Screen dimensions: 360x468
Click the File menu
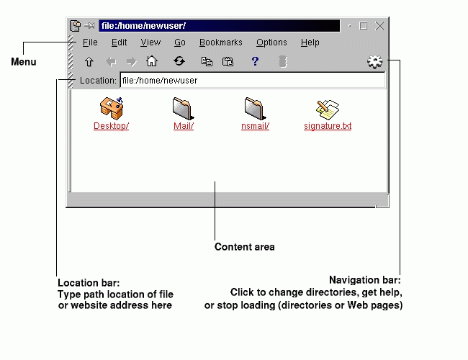(90, 42)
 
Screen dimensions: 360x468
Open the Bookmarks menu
(220, 42)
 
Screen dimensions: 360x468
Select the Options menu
(271, 42)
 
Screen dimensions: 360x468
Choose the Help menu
(310, 42)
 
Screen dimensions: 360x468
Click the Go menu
(180, 42)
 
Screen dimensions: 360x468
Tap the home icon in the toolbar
(152, 62)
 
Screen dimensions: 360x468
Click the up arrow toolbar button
(89, 62)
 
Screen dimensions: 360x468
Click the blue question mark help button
(255, 62)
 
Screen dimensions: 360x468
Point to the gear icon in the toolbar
(374, 62)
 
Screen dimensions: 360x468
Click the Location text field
(252, 81)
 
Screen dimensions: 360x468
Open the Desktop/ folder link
(111, 126)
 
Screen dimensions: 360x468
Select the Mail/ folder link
(184, 126)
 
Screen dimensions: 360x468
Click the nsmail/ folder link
(255, 126)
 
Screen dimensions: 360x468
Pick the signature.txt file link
(328, 126)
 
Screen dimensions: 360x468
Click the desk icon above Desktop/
(112, 108)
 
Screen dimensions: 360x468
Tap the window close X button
(379, 26)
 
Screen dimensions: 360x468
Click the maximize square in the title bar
(364, 26)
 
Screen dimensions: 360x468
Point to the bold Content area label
(244, 247)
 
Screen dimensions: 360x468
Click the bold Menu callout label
(23, 62)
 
